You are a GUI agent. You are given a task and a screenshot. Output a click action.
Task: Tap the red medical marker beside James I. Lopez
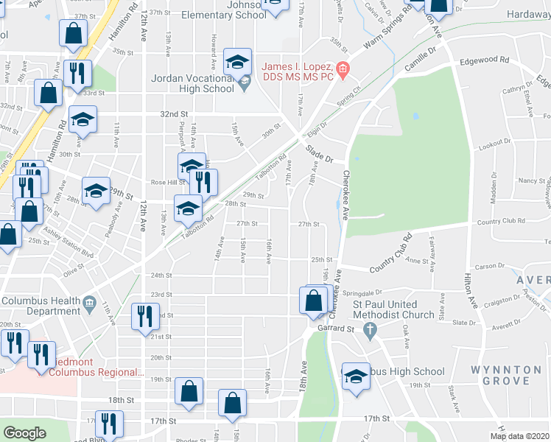point(342,71)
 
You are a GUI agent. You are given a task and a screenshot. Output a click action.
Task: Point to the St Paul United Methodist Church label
point(394,309)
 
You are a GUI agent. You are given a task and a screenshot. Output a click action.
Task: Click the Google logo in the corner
point(24,433)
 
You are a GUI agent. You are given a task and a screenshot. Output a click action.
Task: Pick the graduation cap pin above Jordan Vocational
point(237,62)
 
